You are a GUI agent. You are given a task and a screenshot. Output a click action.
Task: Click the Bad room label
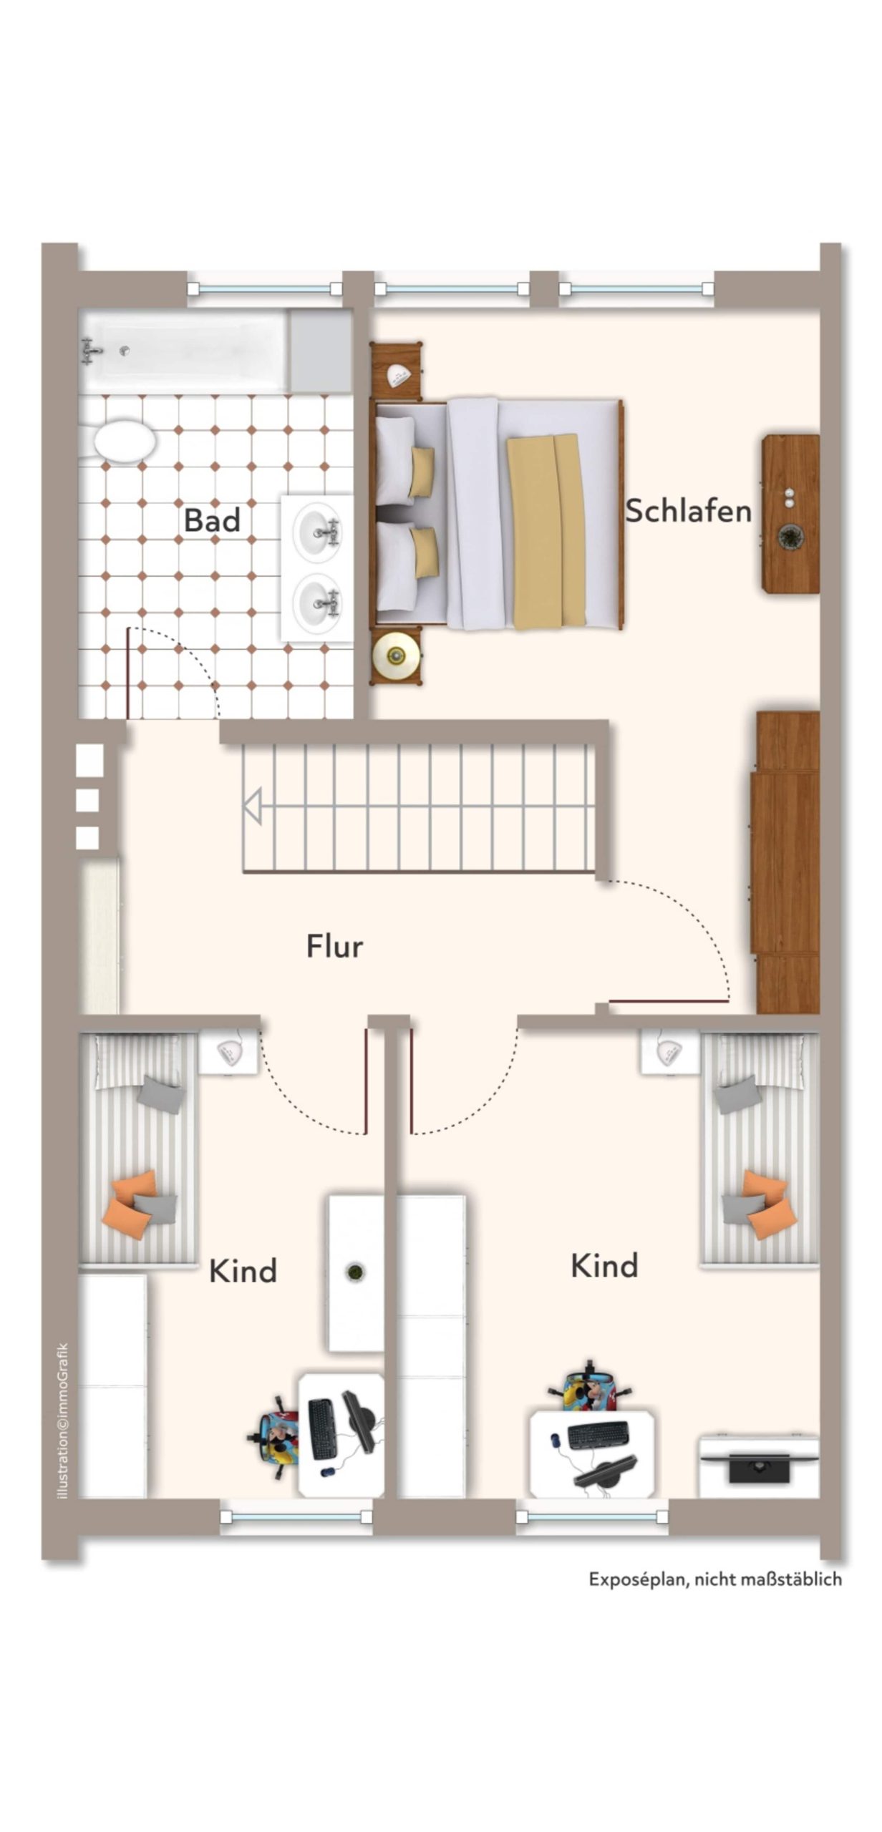(x=212, y=520)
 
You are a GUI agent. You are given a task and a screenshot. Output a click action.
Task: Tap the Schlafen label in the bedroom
(x=689, y=510)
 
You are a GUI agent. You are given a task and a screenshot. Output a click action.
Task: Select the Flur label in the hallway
(x=334, y=946)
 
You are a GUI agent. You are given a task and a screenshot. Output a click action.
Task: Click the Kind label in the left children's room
(x=243, y=1271)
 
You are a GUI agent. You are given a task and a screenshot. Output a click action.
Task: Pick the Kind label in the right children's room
(x=604, y=1265)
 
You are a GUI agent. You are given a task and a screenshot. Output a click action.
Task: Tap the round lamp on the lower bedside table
(x=395, y=654)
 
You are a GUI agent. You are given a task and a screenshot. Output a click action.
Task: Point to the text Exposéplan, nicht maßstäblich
(x=715, y=1579)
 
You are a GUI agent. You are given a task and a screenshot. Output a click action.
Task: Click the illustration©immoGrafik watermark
(x=64, y=1421)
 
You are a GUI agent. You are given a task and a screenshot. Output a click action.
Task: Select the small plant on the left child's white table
(x=355, y=1272)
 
